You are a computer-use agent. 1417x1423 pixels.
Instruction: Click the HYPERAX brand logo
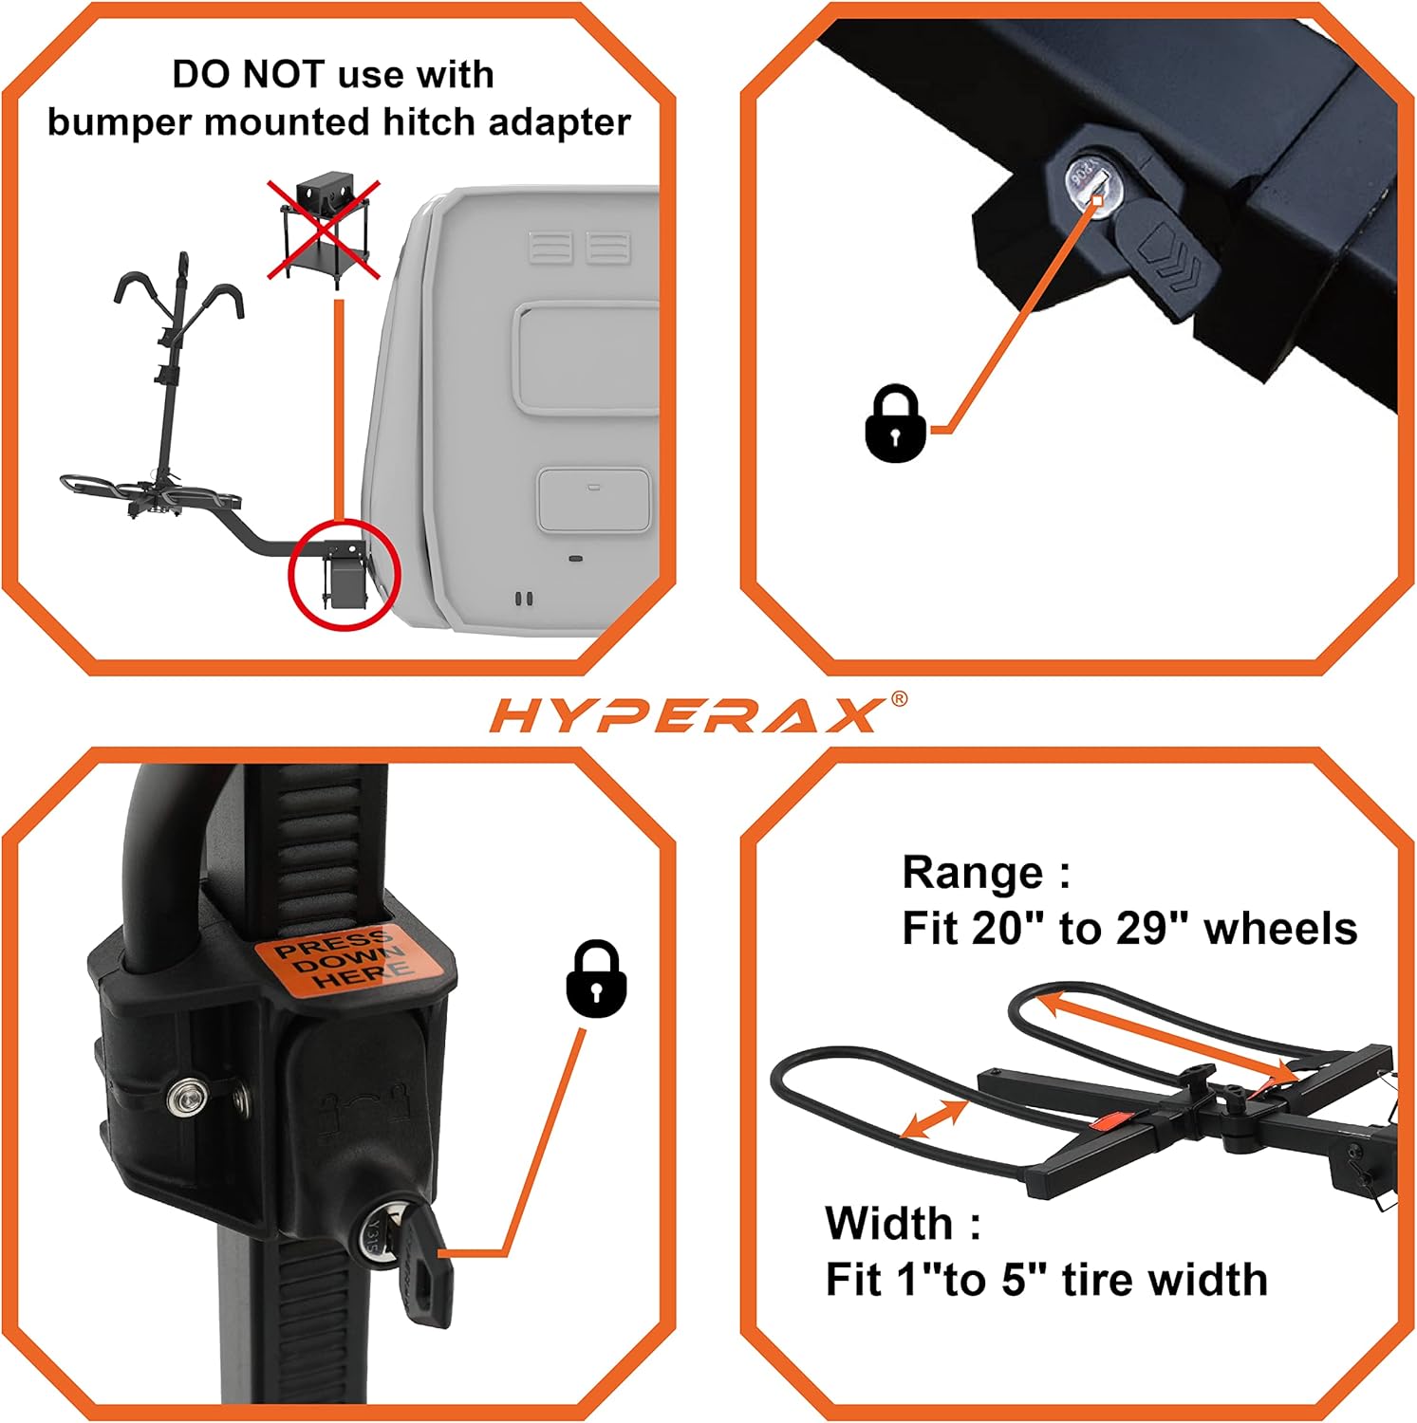click(685, 715)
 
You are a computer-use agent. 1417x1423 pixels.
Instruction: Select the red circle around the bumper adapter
click(345, 574)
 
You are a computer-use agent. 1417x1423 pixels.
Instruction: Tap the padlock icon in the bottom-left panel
click(596, 979)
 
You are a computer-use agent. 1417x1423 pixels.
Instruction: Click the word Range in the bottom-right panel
click(973, 873)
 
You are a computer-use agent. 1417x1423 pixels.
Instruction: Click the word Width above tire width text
click(888, 1223)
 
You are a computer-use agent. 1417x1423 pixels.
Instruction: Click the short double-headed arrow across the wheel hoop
click(934, 1118)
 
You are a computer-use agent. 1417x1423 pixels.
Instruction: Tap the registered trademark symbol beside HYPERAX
click(898, 700)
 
